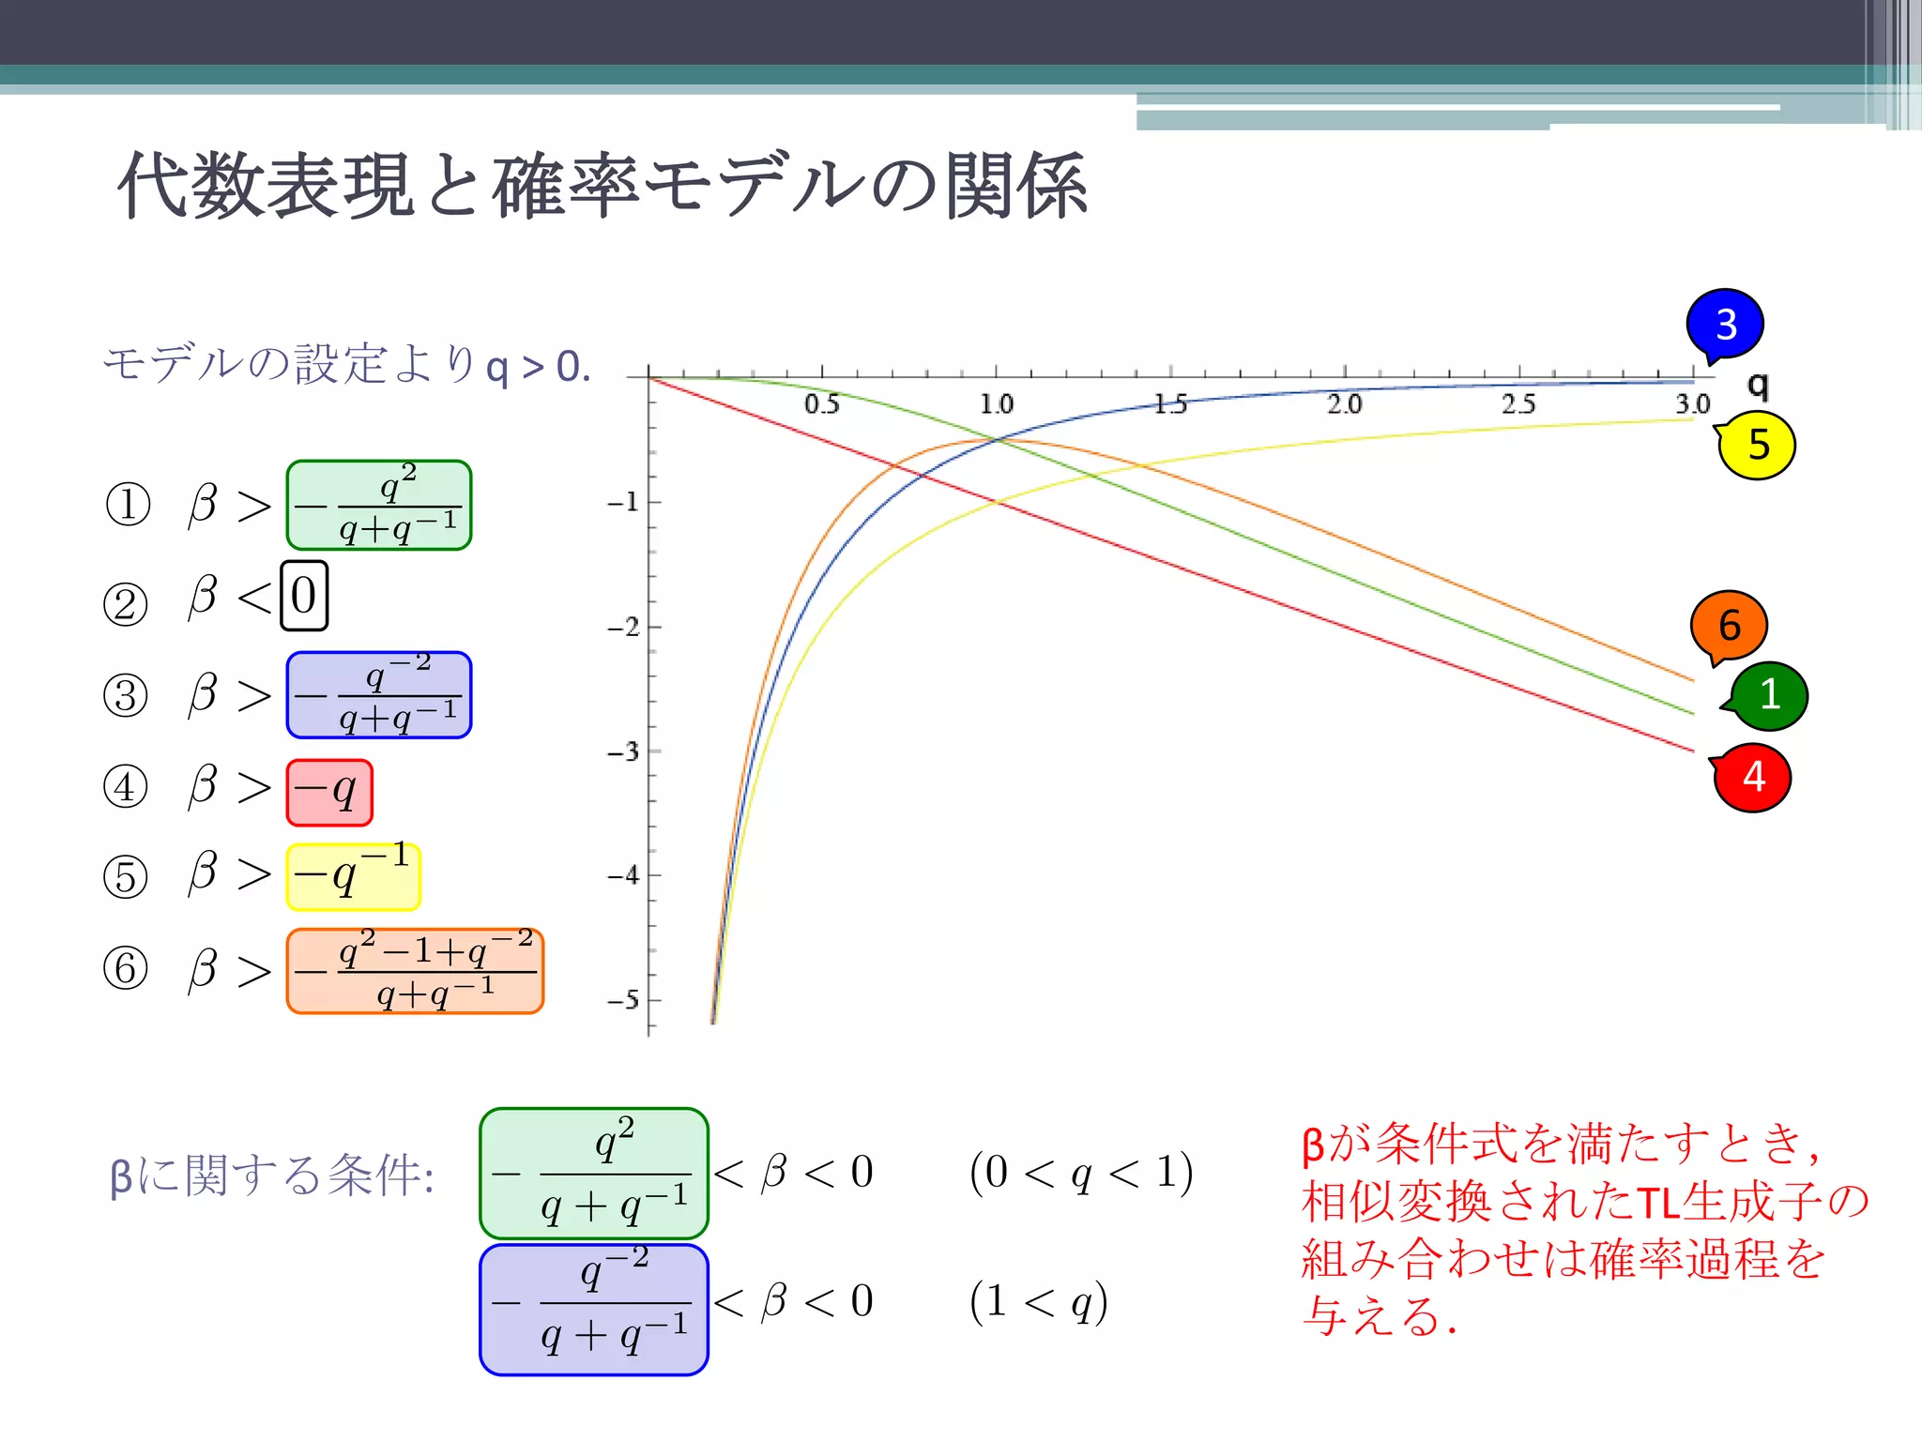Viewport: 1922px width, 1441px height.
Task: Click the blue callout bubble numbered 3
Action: pos(1725,325)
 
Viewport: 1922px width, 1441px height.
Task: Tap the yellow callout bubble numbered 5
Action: pos(1757,445)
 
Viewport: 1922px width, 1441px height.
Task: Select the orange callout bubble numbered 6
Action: pos(1729,625)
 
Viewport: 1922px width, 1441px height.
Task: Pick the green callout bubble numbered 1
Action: pos(1769,695)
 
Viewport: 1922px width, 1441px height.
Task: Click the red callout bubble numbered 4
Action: pos(1752,777)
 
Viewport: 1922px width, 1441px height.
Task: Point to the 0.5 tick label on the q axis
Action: pos(822,404)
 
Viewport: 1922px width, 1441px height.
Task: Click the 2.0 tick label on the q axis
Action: pos(1344,404)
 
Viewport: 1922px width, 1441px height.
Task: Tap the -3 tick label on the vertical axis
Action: pos(623,751)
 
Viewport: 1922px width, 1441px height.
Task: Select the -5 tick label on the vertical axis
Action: pos(623,1000)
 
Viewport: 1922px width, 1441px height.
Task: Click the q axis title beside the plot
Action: pos(1758,384)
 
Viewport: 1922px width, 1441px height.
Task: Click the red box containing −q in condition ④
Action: pos(329,793)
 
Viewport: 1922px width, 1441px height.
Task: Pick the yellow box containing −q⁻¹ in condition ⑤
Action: pos(353,877)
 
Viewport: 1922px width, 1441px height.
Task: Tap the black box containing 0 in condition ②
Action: pos(304,596)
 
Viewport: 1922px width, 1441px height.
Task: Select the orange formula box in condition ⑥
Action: pos(415,971)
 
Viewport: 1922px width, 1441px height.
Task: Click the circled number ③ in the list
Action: pos(126,696)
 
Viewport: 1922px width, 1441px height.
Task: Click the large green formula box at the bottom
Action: pos(593,1174)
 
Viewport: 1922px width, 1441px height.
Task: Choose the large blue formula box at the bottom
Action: pos(593,1310)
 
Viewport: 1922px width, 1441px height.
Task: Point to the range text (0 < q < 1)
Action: pos(1081,1173)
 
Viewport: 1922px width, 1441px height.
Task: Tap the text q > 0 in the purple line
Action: pos(537,366)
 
